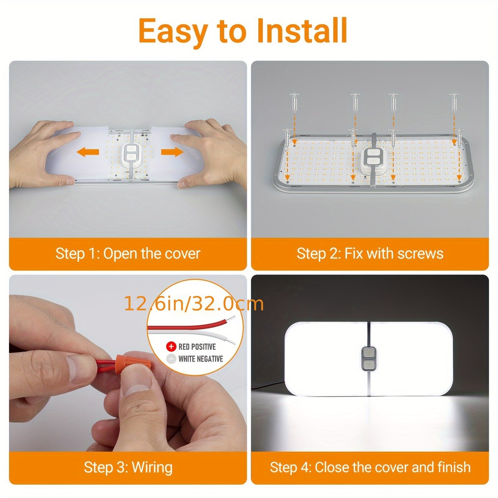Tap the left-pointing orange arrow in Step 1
[88, 152]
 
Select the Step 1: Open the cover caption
[128, 254]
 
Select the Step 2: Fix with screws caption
[370, 254]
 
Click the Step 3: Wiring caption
[128, 467]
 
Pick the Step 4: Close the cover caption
[370, 467]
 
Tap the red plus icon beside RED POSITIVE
[171, 347]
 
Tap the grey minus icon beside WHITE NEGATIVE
[171, 359]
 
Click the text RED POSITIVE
[197, 347]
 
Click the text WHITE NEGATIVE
[201, 359]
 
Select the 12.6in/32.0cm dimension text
[193, 304]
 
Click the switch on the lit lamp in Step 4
[368, 359]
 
